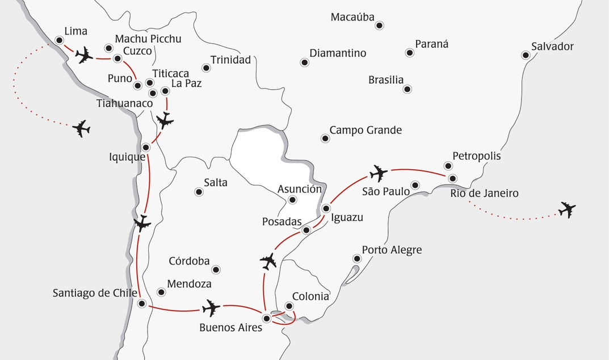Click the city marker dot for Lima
[x=59, y=40]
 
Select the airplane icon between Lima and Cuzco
[x=84, y=55]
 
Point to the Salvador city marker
[x=526, y=55]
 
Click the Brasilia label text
[x=386, y=80]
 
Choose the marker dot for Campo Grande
[x=325, y=138]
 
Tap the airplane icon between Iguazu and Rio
[x=378, y=173]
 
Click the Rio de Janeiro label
[x=484, y=194]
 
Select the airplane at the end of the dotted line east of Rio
[x=566, y=210]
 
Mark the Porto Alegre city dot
[x=357, y=258]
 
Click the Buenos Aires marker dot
[x=266, y=319]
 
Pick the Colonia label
[x=310, y=296]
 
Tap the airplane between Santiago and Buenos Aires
[x=211, y=308]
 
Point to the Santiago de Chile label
[x=95, y=293]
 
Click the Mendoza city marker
[x=161, y=292]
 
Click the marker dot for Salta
[x=199, y=192]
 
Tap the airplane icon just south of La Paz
[x=165, y=120]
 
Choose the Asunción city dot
[x=292, y=199]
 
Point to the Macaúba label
[x=352, y=17]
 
